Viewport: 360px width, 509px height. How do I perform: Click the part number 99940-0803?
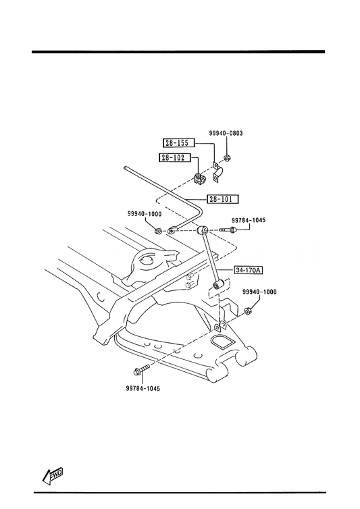[x=226, y=134]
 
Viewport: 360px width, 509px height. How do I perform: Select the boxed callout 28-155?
[x=180, y=143]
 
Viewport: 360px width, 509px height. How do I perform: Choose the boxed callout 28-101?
[x=223, y=199]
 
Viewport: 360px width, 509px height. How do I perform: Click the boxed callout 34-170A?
[x=249, y=270]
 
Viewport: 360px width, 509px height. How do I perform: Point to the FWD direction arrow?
[x=52, y=475]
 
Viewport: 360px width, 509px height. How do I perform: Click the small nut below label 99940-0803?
[x=227, y=159]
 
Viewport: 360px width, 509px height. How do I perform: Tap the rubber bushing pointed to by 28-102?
[x=200, y=179]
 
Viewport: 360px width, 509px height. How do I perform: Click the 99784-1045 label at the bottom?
[x=143, y=389]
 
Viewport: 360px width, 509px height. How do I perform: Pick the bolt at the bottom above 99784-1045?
[x=141, y=370]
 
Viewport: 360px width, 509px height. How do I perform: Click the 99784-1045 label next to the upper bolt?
[x=249, y=221]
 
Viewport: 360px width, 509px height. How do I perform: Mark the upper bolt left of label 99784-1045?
[x=228, y=230]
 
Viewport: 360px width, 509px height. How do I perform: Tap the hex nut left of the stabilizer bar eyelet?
[x=159, y=231]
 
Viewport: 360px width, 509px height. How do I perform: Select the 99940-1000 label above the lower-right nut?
[x=259, y=292]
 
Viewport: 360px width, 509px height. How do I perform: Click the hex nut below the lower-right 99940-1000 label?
[x=248, y=311]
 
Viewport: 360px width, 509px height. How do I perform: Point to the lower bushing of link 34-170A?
[x=217, y=285]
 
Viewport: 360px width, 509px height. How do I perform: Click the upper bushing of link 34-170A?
[x=203, y=230]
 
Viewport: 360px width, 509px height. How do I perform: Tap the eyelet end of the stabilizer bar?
[x=172, y=231]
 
